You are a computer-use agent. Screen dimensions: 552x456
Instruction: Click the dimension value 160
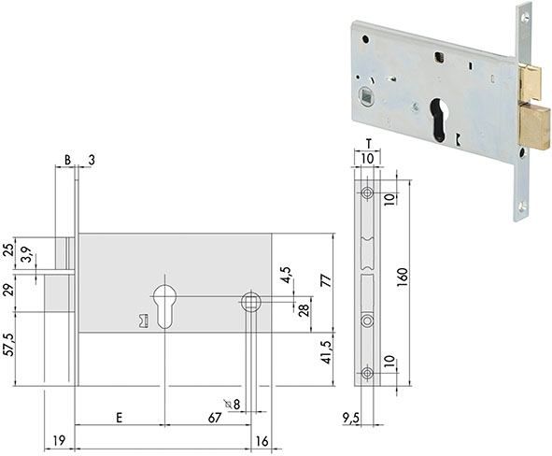(403, 278)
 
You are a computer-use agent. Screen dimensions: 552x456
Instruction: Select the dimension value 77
(327, 280)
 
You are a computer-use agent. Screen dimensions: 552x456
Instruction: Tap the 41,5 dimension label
(327, 352)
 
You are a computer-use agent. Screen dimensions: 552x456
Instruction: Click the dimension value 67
(215, 418)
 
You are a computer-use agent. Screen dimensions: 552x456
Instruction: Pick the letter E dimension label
(120, 418)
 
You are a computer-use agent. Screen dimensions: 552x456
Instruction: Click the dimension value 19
(59, 440)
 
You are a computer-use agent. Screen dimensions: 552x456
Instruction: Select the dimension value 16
(262, 441)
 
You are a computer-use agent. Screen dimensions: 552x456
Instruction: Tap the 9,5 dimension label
(350, 419)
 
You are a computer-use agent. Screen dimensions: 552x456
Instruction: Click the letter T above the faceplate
(369, 144)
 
